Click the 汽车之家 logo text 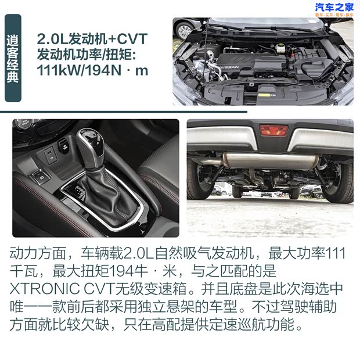point(334,7)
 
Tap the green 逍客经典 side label point(13,58)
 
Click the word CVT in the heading point(132,39)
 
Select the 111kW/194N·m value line point(92,70)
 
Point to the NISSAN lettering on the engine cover point(229,67)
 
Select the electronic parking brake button point(41,177)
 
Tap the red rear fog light point(273,130)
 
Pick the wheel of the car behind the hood point(185,31)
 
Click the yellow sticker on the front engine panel point(265,95)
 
